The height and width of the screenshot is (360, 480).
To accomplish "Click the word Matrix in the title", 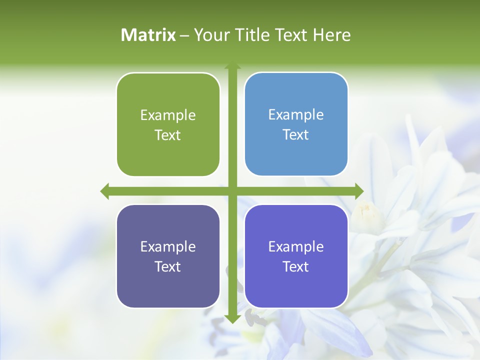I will click(x=148, y=35).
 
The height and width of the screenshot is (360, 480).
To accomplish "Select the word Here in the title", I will click(x=331, y=35).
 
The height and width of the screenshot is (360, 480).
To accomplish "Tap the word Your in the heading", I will click(x=210, y=35).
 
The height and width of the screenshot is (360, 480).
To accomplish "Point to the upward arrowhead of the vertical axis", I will click(x=232, y=66).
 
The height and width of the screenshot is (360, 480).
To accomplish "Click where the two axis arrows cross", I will click(x=232, y=191).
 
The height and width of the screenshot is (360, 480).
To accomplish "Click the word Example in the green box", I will click(x=168, y=115).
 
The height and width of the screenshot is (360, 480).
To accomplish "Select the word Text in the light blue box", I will click(x=296, y=135).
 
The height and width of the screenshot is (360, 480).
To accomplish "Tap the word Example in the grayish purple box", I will click(x=168, y=247).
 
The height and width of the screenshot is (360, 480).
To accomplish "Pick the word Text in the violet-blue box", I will click(x=296, y=267).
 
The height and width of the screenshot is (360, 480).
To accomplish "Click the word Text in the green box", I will click(x=168, y=135).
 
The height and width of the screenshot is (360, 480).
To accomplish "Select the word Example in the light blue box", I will click(x=296, y=115).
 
